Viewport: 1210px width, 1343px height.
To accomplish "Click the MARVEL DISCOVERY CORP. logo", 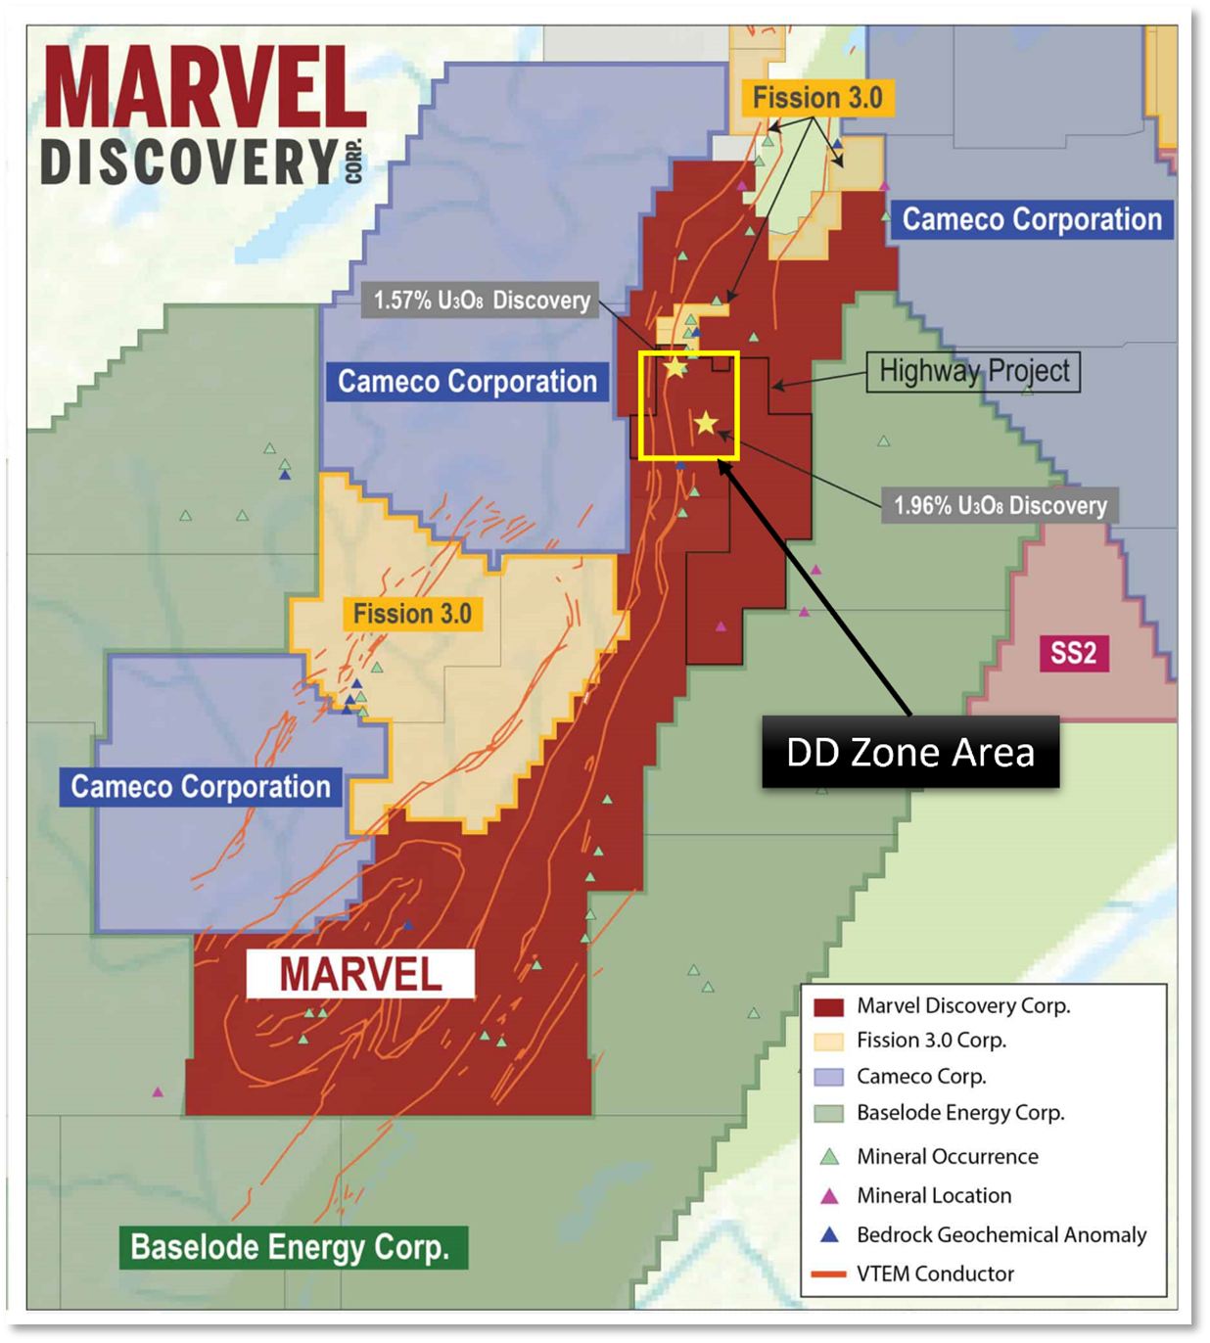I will (204, 116).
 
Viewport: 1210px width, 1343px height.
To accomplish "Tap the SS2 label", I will (1073, 653).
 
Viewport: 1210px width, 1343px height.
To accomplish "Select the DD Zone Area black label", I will (910, 752).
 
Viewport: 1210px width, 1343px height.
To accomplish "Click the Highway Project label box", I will (973, 371).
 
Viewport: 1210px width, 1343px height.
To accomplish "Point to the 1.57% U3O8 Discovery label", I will (482, 300).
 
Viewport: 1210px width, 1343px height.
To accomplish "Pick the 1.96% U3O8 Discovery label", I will (1000, 505).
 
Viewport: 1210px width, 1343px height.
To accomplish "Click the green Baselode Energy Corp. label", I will (290, 1247).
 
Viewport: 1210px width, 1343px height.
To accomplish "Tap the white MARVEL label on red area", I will (360, 974).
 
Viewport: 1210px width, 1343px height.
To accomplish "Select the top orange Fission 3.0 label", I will (816, 98).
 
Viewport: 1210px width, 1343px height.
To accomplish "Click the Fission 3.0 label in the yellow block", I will (412, 614).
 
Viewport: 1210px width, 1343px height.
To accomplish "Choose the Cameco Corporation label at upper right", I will (1032, 219).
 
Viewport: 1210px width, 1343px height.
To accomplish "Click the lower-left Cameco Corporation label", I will (201, 787).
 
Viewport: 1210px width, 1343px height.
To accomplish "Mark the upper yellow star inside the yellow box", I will (675, 368).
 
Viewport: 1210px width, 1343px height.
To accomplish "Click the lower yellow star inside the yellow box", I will (706, 423).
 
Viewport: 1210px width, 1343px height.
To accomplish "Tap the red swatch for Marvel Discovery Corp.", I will (829, 1006).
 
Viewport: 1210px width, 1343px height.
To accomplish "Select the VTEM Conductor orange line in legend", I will (828, 1274).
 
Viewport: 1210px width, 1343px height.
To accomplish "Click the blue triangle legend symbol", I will (829, 1235).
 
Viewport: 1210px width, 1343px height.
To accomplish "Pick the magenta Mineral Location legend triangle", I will (829, 1196).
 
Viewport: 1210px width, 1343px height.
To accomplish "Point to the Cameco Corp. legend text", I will (921, 1077).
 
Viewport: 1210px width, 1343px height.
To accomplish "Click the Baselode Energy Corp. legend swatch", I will (829, 1113).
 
